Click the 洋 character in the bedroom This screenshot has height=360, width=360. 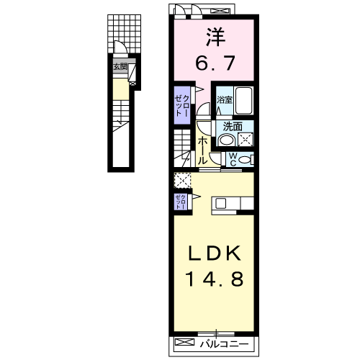213,36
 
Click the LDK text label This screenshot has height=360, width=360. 212,254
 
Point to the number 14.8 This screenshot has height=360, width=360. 212,279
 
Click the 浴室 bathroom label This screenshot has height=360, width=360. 224,100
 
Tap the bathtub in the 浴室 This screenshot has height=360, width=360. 243,100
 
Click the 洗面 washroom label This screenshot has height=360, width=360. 232,125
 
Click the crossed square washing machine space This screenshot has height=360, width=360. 245,140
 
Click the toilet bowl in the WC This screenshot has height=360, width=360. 246,160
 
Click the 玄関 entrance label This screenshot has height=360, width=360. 119,67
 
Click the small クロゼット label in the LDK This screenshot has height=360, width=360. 179,202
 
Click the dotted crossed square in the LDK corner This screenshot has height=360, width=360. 180,180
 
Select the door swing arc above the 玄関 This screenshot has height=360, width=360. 122,51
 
